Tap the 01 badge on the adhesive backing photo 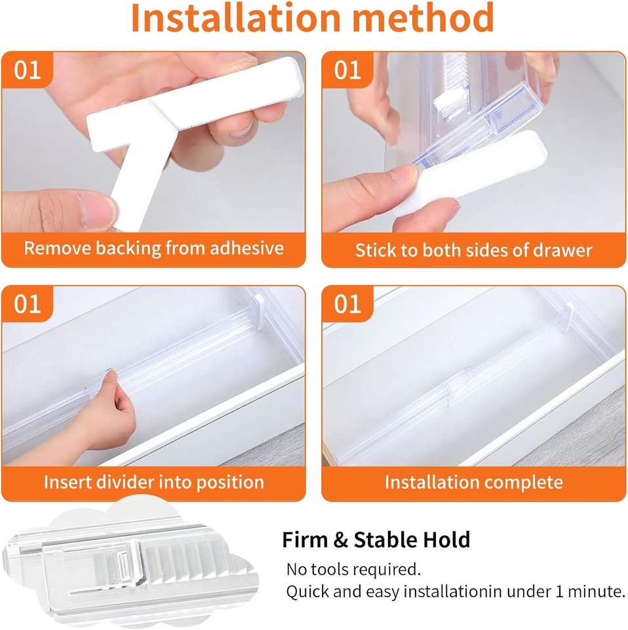28,70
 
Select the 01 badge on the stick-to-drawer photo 347,70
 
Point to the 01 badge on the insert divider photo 28,304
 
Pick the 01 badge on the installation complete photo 347,304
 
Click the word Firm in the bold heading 305,539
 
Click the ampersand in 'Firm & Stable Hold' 340,539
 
